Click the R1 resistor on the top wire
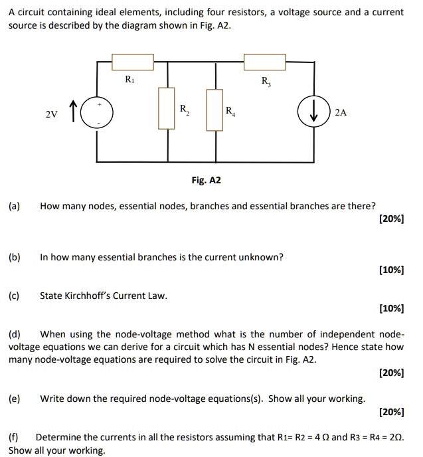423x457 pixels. (133, 62)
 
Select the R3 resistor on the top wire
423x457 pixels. (266, 62)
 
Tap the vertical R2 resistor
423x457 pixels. (166, 108)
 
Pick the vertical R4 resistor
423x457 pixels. (214, 108)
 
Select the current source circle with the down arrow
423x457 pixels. (313, 112)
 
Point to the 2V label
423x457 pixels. (50, 114)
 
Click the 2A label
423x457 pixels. (341, 113)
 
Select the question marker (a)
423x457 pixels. (15, 206)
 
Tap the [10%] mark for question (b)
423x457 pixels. (390, 270)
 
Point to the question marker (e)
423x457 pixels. (15, 399)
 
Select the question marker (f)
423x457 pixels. (14, 437)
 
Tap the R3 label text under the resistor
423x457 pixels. (266, 82)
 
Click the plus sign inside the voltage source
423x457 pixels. (100, 104)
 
